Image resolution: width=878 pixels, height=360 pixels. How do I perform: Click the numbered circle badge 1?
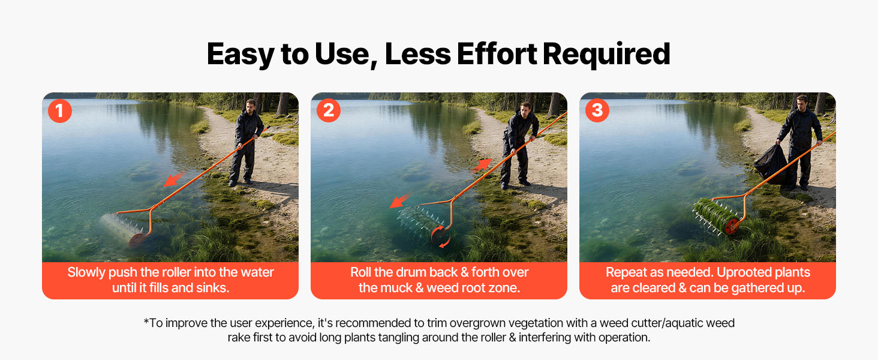click(x=59, y=111)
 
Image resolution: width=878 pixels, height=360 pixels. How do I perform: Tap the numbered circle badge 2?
click(x=329, y=110)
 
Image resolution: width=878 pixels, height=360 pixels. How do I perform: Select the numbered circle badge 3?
click(x=597, y=110)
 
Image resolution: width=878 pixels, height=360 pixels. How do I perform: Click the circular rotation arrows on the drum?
click(x=440, y=236)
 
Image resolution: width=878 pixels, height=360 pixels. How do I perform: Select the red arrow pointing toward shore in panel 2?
click(x=482, y=165)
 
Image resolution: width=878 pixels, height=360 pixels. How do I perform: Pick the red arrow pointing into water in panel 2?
click(x=400, y=200)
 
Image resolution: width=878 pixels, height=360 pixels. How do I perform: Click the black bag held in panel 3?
click(x=771, y=164)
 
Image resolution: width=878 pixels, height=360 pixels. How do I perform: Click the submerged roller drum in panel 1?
click(x=123, y=229)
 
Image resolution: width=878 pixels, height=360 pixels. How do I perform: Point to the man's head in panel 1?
click(x=251, y=106)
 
